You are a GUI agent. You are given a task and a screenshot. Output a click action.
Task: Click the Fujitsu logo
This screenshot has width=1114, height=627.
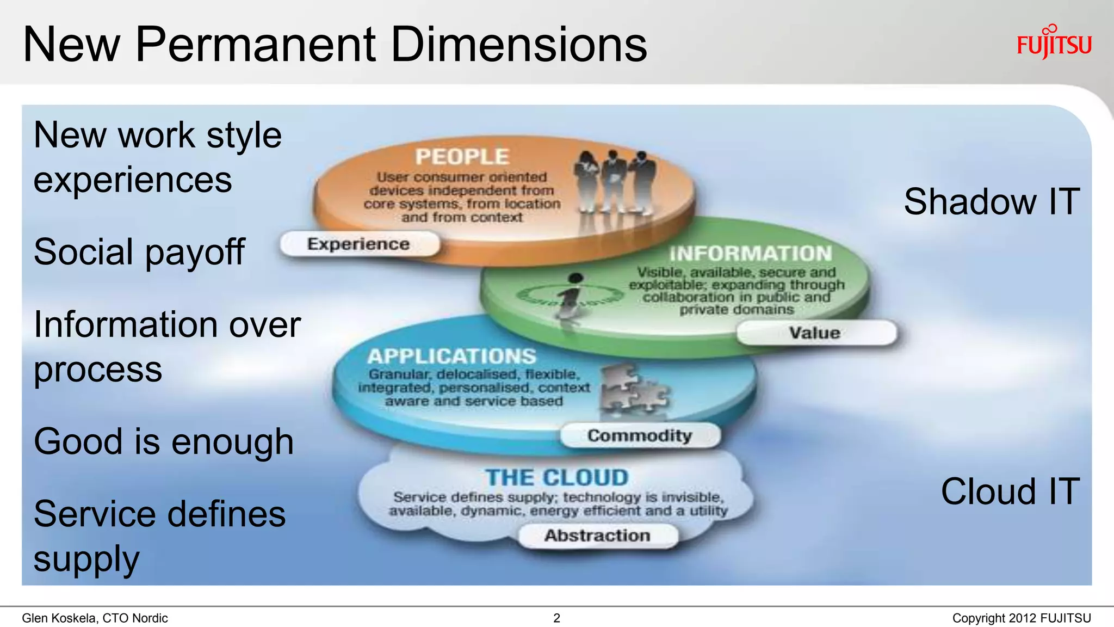(1054, 43)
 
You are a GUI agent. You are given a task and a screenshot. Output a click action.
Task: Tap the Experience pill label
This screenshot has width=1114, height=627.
(358, 244)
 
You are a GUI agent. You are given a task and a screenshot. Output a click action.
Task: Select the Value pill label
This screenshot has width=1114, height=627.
(815, 333)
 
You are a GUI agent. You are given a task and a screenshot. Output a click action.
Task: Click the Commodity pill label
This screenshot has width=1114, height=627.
(640, 435)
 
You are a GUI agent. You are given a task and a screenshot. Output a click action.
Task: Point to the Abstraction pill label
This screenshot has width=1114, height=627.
(597, 536)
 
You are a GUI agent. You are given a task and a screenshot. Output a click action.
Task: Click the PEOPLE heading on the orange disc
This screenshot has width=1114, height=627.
(462, 157)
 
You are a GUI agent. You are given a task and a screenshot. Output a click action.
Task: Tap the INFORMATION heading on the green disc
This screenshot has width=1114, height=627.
(751, 254)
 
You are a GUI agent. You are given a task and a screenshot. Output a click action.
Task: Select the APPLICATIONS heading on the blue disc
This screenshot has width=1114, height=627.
(451, 356)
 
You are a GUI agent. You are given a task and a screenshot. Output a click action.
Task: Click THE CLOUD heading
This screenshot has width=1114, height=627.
(557, 478)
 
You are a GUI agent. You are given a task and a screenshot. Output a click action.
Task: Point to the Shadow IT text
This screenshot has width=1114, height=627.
(991, 202)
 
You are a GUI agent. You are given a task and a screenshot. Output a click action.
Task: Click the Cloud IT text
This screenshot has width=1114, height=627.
(1010, 491)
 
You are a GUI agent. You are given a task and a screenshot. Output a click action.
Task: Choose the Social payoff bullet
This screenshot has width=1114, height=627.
(139, 252)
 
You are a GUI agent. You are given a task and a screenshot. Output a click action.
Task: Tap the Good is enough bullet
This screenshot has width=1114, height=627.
(164, 441)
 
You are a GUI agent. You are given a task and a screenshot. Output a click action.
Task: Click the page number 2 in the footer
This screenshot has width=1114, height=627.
(556, 618)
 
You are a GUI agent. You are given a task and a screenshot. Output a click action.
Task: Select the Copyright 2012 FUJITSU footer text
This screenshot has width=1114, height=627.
(1021, 618)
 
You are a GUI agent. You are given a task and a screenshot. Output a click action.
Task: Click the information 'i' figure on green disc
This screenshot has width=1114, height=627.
(571, 297)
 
